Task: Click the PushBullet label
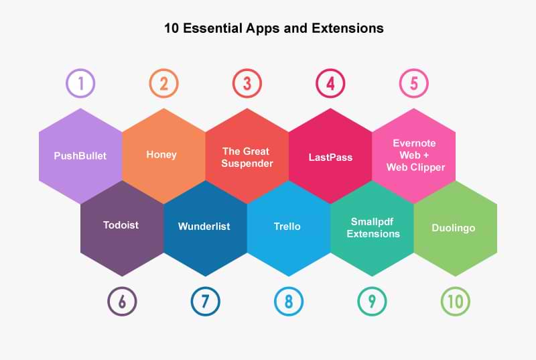click(x=80, y=156)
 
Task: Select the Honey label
click(x=161, y=155)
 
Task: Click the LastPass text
click(x=330, y=158)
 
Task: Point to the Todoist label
click(x=121, y=225)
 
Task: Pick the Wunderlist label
click(x=204, y=227)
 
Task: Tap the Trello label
click(x=287, y=227)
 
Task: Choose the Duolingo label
click(x=454, y=228)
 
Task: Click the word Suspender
click(x=247, y=164)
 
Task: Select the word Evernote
click(x=414, y=143)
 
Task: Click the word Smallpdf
click(x=372, y=222)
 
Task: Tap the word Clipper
click(x=427, y=168)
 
